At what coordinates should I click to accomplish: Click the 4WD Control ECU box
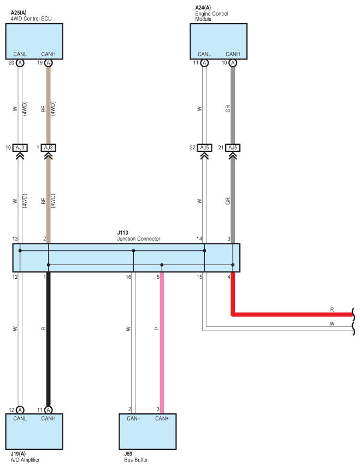tap(34, 41)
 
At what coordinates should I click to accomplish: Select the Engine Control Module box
tap(219, 41)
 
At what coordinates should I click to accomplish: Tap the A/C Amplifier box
tap(34, 431)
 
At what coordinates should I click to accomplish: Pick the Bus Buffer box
tap(147, 431)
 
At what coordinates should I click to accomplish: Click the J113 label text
tap(122, 232)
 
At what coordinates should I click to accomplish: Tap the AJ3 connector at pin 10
tap(20, 148)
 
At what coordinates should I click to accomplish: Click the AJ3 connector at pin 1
tap(48, 148)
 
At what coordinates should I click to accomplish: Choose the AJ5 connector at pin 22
tap(204, 148)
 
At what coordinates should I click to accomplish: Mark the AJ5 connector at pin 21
tap(233, 148)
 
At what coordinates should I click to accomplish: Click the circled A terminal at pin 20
tap(20, 63)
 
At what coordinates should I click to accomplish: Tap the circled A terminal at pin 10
tap(233, 63)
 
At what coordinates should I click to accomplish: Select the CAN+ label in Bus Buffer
tap(162, 418)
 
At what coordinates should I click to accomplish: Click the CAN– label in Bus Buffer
tap(133, 418)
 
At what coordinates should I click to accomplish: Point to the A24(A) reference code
tap(203, 8)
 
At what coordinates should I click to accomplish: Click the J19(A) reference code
tap(18, 454)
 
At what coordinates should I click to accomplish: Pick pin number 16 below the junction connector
tap(128, 277)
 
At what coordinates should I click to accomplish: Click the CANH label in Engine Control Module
tap(233, 54)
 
